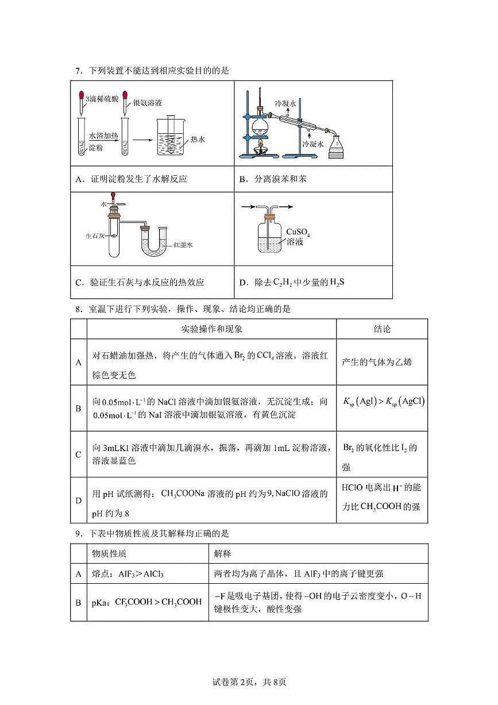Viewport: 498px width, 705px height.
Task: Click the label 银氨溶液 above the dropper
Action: click(148, 103)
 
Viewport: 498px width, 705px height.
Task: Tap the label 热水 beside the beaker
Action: click(198, 139)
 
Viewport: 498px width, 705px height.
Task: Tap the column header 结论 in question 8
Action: click(382, 329)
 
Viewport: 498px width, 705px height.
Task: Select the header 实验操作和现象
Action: click(211, 329)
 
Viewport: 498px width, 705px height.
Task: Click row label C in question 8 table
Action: click(78, 454)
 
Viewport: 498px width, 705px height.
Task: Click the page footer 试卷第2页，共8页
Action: click(249, 683)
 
